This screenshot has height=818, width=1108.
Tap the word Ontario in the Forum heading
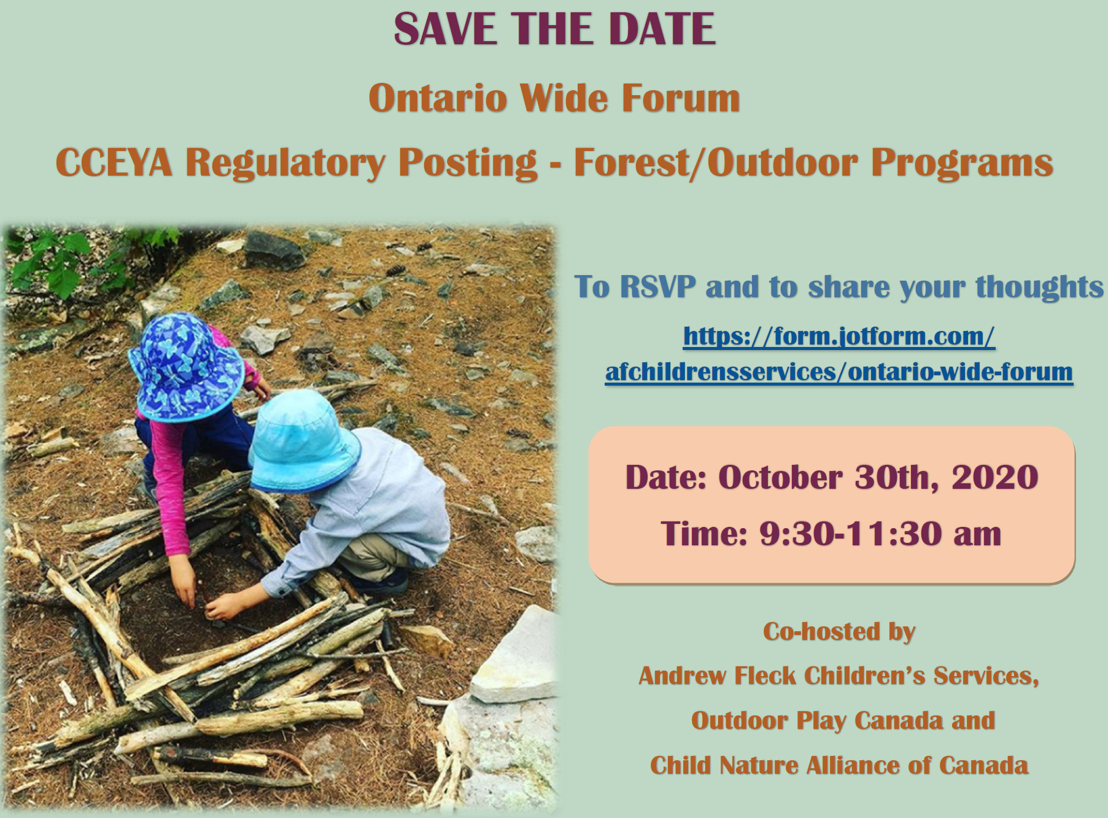(x=436, y=98)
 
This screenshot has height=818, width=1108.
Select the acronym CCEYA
(x=114, y=163)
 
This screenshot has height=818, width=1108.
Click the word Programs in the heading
(x=962, y=164)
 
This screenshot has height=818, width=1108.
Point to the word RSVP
(x=657, y=287)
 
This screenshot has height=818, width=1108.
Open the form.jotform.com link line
(x=839, y=337)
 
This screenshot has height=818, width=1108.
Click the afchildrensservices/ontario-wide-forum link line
(x=839, y=372)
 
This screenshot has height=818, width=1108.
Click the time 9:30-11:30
(x=851, y=533)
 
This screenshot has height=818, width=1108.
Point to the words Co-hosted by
(x=839, y=632)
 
